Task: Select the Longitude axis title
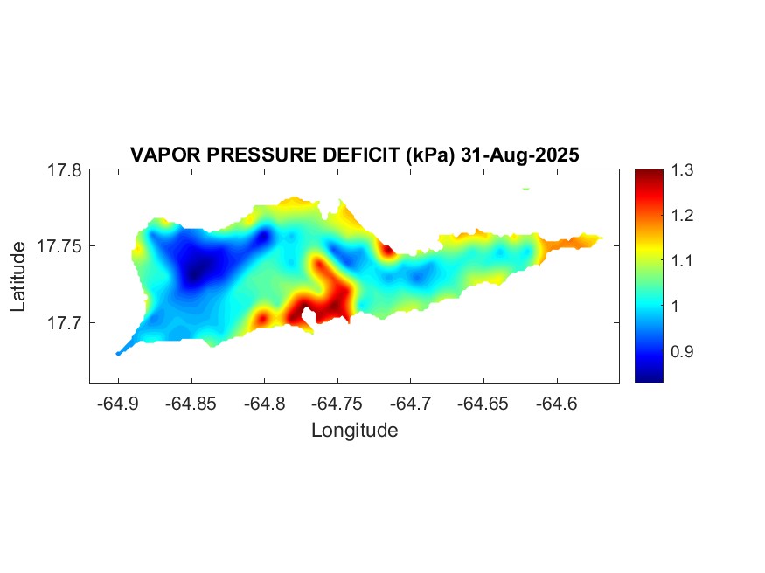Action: coord(355,431)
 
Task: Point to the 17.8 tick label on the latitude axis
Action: coord(65,170)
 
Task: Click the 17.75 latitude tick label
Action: coord(60,246)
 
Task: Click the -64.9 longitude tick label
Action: coord(118,404)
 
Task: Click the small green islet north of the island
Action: coord(525,188)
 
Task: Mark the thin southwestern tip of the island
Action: coord(119,353)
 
